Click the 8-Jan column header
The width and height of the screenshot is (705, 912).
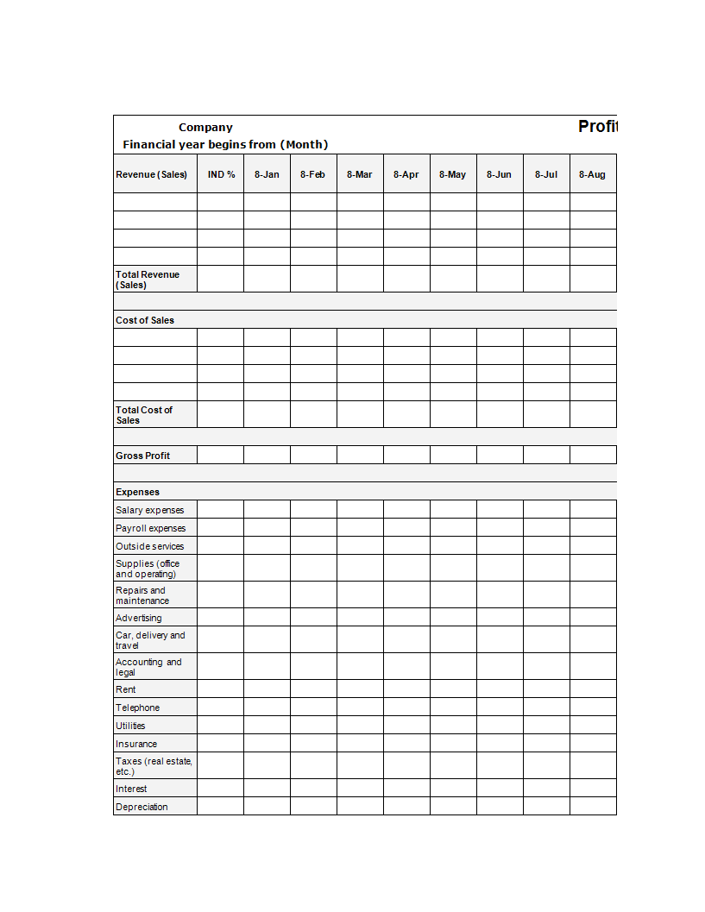(267, 174)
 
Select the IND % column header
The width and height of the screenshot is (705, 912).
(221, 174)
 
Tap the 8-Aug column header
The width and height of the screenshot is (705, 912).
(592, 174)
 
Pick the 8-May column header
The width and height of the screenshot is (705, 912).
(452, 174)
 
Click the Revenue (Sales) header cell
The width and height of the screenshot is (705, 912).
(152, 174)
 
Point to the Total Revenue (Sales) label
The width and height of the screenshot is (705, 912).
(148, 280)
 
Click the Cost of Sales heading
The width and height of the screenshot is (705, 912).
(145, 320)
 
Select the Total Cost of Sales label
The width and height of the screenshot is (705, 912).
(144, 415)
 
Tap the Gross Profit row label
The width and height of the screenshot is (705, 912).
(143, 456)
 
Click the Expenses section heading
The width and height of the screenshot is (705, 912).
(138, 492)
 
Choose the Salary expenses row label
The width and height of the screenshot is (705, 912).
(150, 510)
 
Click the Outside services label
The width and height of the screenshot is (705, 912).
(150, 546)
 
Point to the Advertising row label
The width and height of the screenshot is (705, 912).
(139, 618)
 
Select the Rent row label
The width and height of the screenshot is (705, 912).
(126, 689)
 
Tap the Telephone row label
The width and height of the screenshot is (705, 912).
(138, 708)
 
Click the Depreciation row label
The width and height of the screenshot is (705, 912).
(142, 807)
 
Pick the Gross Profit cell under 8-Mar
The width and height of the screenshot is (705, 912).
(360, 455)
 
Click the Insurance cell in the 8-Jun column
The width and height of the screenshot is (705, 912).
(500, 743)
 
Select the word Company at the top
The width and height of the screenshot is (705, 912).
(205, 128)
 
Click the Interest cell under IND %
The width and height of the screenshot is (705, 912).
(221, 789)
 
